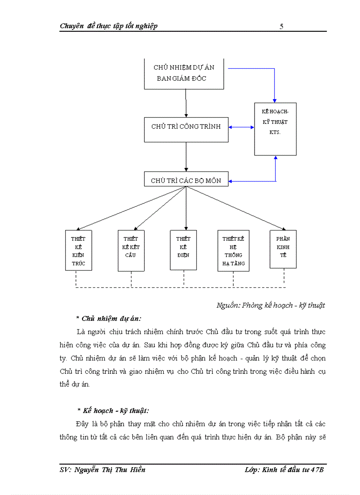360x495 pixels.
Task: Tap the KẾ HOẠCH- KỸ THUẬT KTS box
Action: click(x=275, y=129)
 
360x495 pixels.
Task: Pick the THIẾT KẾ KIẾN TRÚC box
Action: click(x=78, y=250)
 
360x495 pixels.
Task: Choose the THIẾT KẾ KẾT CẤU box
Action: click(x=131, y=250)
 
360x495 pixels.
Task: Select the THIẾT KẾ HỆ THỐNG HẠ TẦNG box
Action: click(x=233, y=251)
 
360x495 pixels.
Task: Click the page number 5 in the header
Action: click(x=281, y=26)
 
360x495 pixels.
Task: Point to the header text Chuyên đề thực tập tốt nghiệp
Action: click(x=109, y=26)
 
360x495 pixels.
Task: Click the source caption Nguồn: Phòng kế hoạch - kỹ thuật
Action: click(x=270, y=305)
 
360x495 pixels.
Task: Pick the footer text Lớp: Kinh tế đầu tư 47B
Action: click(x=285, y=470)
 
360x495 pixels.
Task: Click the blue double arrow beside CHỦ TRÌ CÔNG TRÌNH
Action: click(x=241, y=127)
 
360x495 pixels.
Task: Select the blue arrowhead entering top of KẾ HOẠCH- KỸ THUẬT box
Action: click(x=275, y=100)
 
